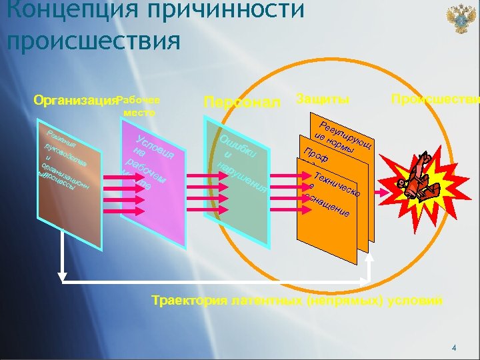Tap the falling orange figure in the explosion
pyautogui.click(x=411, y=183)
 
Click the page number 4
pyautogui.click(x=454, y=348)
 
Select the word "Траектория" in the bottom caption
pyautogui.click(x=193, y=301)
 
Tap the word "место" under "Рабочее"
pyautogui.click(x=139, y=113)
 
